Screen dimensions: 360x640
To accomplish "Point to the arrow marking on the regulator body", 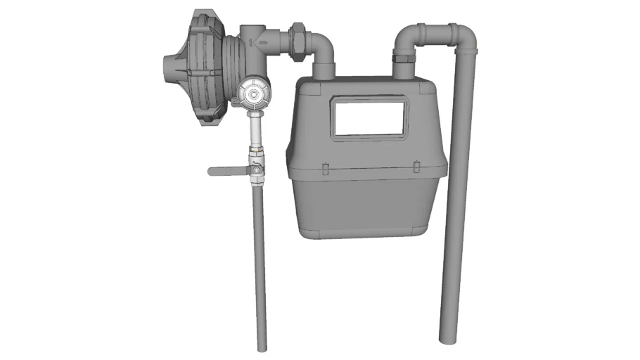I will coord(264,43).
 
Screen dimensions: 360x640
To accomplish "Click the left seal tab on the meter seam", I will coord(326,168).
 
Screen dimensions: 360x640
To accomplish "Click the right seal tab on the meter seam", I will coord(417,167).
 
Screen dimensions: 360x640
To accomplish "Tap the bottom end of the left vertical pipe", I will coord(261,347).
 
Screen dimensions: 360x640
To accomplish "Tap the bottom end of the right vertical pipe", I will coord(447,339).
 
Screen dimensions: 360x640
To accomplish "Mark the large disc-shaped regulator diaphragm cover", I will coord(200,67).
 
